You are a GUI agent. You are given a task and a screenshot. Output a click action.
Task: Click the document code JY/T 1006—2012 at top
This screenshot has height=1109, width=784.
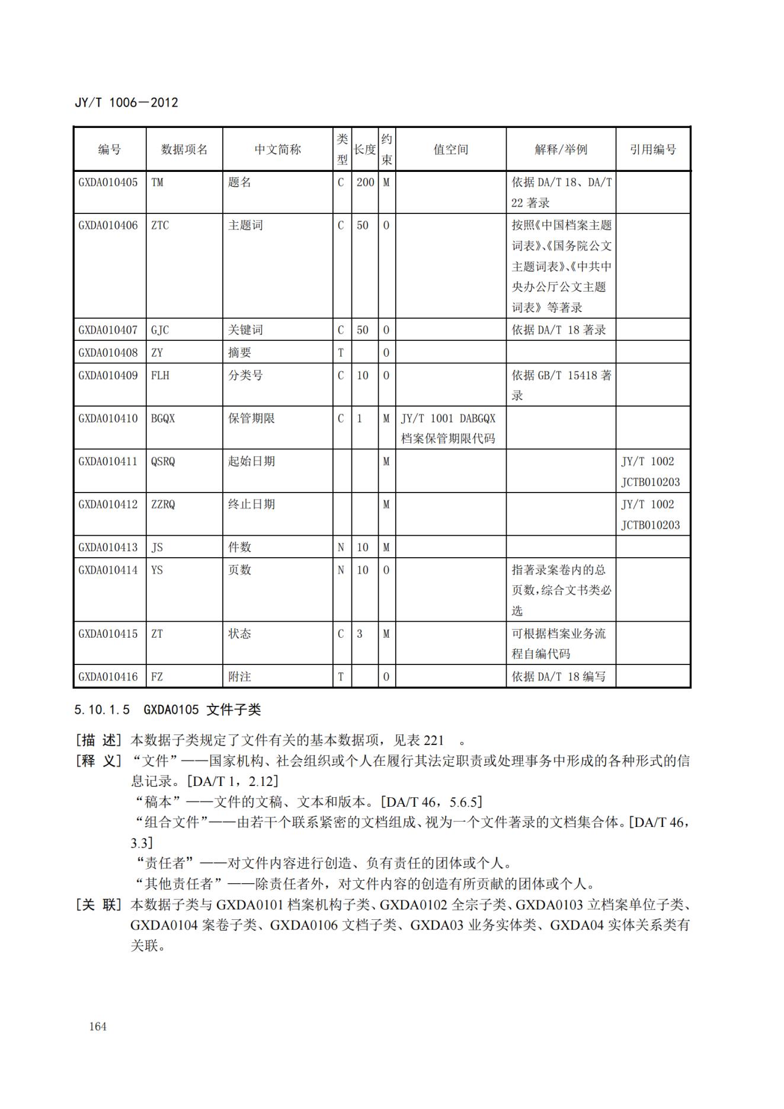pyautogui.click(x=126, y=103)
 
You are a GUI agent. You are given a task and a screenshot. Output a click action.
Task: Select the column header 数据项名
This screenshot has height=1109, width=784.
pyautogui.click(x=184, y=149)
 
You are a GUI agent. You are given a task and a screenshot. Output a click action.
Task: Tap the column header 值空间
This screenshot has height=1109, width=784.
pyautogui.click(x=450, y=149)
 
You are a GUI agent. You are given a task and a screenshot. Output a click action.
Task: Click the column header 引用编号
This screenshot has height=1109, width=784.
pyautogui.click(x=652, y=149)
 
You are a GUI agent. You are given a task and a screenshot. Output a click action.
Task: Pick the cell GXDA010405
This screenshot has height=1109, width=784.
pyautogui.click(x=108, y=183)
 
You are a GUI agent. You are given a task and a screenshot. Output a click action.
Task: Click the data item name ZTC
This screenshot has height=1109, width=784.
pyautogui.click(x=159, y=225)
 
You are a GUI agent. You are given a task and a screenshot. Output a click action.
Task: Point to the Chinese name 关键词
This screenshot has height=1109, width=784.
pyautogui.click(x=245, y=330)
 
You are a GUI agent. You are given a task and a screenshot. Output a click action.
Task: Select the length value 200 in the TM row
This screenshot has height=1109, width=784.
pyautogui.click(x=365, y=183)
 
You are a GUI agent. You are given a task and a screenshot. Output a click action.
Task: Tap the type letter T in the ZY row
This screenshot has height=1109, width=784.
pyautogui.click(x=341, y=353)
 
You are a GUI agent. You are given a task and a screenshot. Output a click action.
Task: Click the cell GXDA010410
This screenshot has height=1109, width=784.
pyautogui.click(x=108, y=418)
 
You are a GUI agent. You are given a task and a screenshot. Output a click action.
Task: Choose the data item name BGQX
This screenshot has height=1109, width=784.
pyautogui.click(x=163, y=418)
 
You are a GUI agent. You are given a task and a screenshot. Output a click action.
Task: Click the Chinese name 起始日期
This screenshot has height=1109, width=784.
pyautogui.click(x=251, y=461)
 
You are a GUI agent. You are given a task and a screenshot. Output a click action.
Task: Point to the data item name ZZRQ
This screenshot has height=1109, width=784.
pyautogui.click(x=163, y=504)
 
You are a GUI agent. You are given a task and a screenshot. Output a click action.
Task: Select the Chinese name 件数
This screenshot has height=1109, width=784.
pyautogui.click(x=239, y=547)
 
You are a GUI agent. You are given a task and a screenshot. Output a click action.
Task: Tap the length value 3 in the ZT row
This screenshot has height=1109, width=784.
pyautogui.click(x=359, y=634)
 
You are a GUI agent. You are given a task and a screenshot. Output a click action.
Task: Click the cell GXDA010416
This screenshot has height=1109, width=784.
pyautogui.click(x=108, y=677)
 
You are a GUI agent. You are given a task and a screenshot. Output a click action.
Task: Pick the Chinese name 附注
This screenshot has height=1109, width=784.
pyautogui.click(x=239, y=677)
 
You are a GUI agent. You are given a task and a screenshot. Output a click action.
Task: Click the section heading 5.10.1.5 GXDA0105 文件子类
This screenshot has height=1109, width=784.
pyautogui.click(x=168, y=710)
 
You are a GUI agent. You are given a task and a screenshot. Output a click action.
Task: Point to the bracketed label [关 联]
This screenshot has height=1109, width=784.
pyautogui.click(x=98, y=905)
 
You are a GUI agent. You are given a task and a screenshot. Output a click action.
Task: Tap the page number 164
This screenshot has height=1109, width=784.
pyautogui.click(x=98, y=1027)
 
